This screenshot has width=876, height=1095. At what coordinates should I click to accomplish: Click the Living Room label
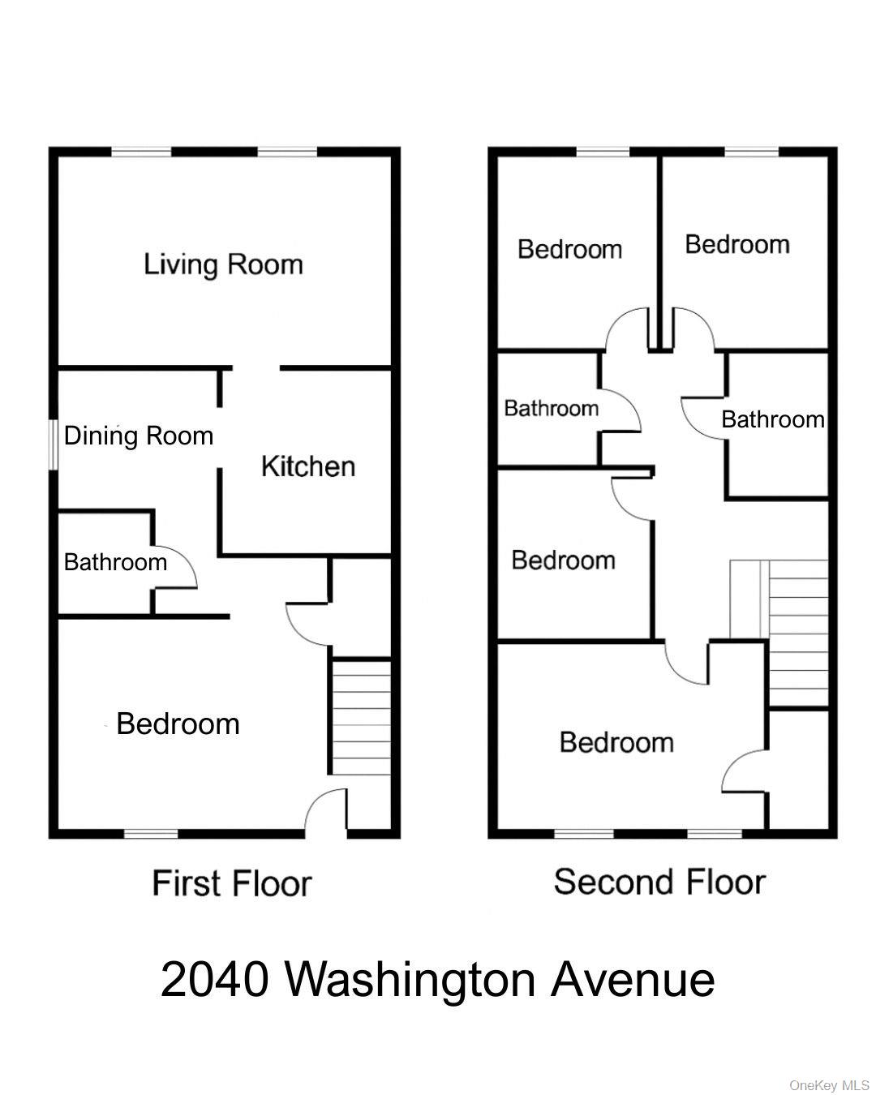pyautogui.click(x=223, y=264)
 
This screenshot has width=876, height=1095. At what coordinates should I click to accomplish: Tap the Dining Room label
pyautogui.click(x=139, y=436)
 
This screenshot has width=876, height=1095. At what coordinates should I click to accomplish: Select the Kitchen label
pyautogui.click(x=308, y=466)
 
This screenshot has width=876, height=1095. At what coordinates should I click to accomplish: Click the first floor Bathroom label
pyautogui.click(x=115, y=562)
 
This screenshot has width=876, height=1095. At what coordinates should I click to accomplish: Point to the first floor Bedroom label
pyautogui.click(x=178, y=724)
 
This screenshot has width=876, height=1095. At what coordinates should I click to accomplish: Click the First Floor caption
pyautogui.click(x=232, y=883)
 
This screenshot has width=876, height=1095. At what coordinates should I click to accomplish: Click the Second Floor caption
pyautogui.click(x=659, y=882)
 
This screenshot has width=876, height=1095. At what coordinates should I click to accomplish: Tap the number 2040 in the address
pyautogui.click(x=214, y=979)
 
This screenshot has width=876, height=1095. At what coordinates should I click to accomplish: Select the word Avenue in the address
pyautogui.click(x=633, y=979)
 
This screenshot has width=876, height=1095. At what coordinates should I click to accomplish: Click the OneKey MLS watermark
pyautogui.click(x=829, y=1085)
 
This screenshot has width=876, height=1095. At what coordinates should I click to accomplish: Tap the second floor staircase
pyautogui.click(x=797, y=633)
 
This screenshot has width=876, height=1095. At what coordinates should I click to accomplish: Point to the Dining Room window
pyautogui.click(x=54, y=444)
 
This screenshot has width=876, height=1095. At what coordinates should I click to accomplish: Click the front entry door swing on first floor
pyautogui.click(x=327, y=811)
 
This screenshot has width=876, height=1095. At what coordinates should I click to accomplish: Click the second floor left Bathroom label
pyautogui.click(x=552, y=408)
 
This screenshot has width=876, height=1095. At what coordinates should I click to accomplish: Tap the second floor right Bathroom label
pyautogui.click(x=773, y=419)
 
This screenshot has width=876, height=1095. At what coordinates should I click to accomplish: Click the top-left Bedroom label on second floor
pyautogui.click(x=570, y=249)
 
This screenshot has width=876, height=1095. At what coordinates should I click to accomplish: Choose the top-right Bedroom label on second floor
pyautogui.click(x=737, y=244)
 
